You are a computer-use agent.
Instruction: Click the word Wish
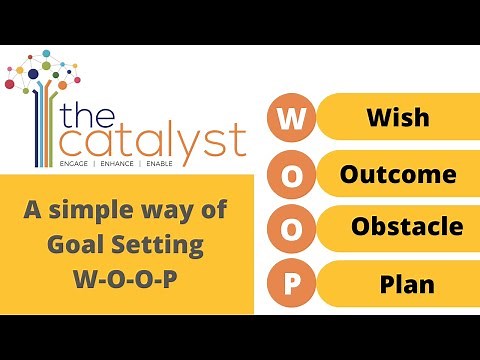pos(398,118)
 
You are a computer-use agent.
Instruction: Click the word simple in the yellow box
pos(104,212)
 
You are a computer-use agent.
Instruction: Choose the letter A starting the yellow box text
pos(32,212)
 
